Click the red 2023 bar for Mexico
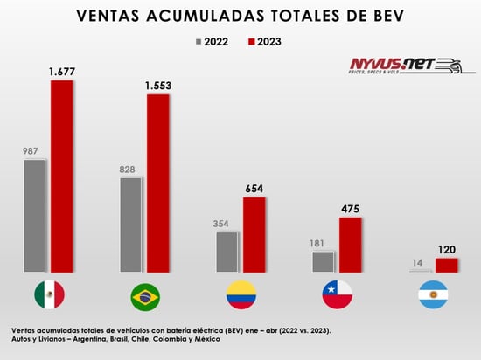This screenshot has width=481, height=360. click(x=62, y=176)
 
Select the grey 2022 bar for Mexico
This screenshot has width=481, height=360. click(x=34, y=216)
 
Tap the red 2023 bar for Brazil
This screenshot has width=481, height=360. click(x=158, y=183)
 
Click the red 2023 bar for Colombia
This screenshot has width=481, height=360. click(x=254, y=234)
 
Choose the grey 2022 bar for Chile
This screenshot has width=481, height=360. click(x=323, y=261)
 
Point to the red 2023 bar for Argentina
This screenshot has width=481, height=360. click(x=446, y=265)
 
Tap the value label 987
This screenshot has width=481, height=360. click(x=32, y=151)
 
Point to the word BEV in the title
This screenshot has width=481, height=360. click(x=383, y=16)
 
